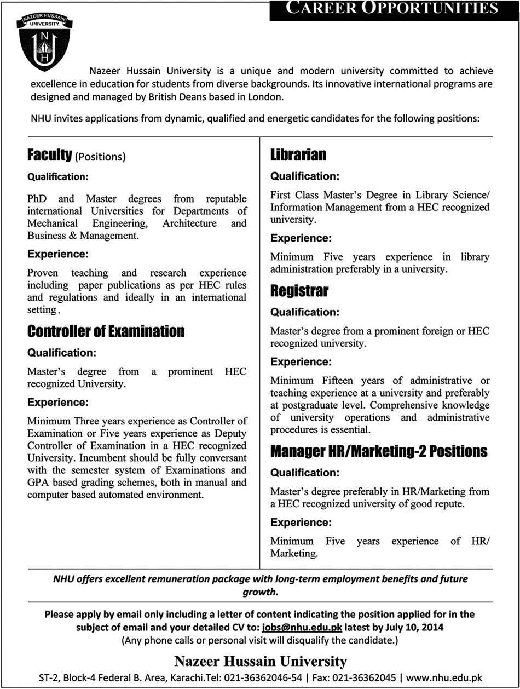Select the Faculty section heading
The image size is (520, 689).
(50, 157)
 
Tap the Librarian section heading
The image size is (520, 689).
(298, 156)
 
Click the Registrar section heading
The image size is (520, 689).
(299, 291)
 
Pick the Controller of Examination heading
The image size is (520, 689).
(106, 331)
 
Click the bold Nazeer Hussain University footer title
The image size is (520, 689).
(260, 660)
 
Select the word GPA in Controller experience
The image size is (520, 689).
(38, 483)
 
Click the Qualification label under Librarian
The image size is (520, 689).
(305, 176)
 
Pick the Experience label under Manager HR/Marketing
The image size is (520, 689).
(301, 521)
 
